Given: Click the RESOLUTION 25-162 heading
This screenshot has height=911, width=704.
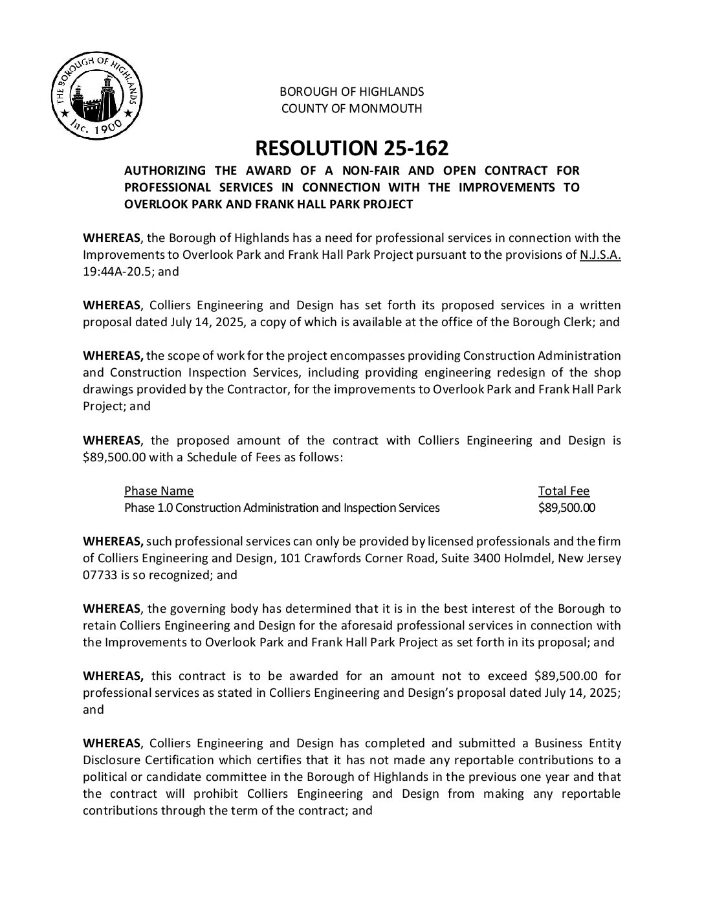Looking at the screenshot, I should (351, 148).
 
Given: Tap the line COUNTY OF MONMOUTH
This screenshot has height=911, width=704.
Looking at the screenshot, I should (351, 109).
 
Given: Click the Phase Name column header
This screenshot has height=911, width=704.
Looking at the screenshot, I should (159, 491).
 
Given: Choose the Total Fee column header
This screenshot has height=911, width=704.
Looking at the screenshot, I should (564, 491).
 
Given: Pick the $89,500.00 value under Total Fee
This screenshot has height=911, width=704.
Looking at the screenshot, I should (566, 508).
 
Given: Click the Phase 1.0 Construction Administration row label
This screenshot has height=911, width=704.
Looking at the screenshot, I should (281, 508).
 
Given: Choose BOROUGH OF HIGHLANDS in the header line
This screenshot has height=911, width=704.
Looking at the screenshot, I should (351, 92).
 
